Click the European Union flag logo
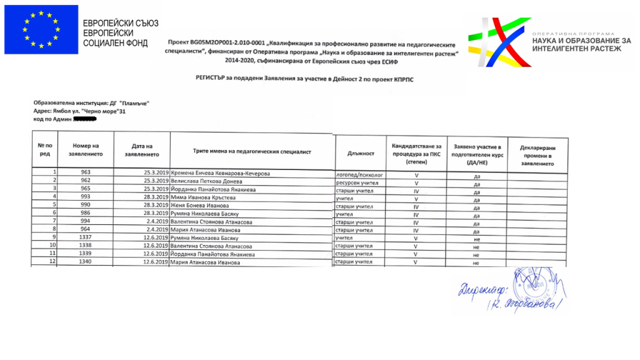[x=41, y=29]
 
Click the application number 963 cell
[x=86, y=172]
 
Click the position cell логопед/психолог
[x=359, y=174]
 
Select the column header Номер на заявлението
[x=86, y=150]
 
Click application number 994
[x=86, y=221]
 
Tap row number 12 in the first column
[x=54, y=262]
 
